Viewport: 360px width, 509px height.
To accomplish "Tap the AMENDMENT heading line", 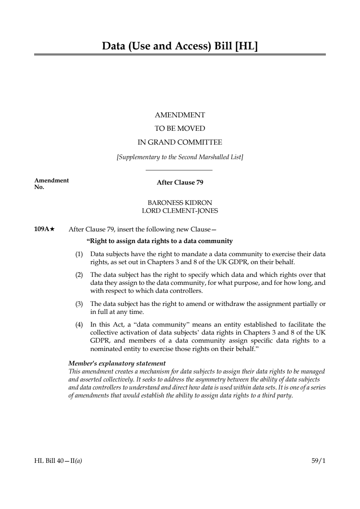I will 180,115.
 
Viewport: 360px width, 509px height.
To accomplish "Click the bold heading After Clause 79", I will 180,182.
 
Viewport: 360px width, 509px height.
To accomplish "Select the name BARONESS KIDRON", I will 180,203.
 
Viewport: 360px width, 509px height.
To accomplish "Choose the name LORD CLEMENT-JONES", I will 180,211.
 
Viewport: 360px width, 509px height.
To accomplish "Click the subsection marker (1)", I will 79,254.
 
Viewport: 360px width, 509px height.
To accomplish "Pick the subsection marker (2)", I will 79,275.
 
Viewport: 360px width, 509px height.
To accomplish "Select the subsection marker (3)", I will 79,304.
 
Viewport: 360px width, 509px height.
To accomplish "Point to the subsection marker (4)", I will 79,324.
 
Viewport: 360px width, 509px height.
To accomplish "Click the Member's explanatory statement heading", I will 117,363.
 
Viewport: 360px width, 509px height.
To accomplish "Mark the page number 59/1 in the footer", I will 319,461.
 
